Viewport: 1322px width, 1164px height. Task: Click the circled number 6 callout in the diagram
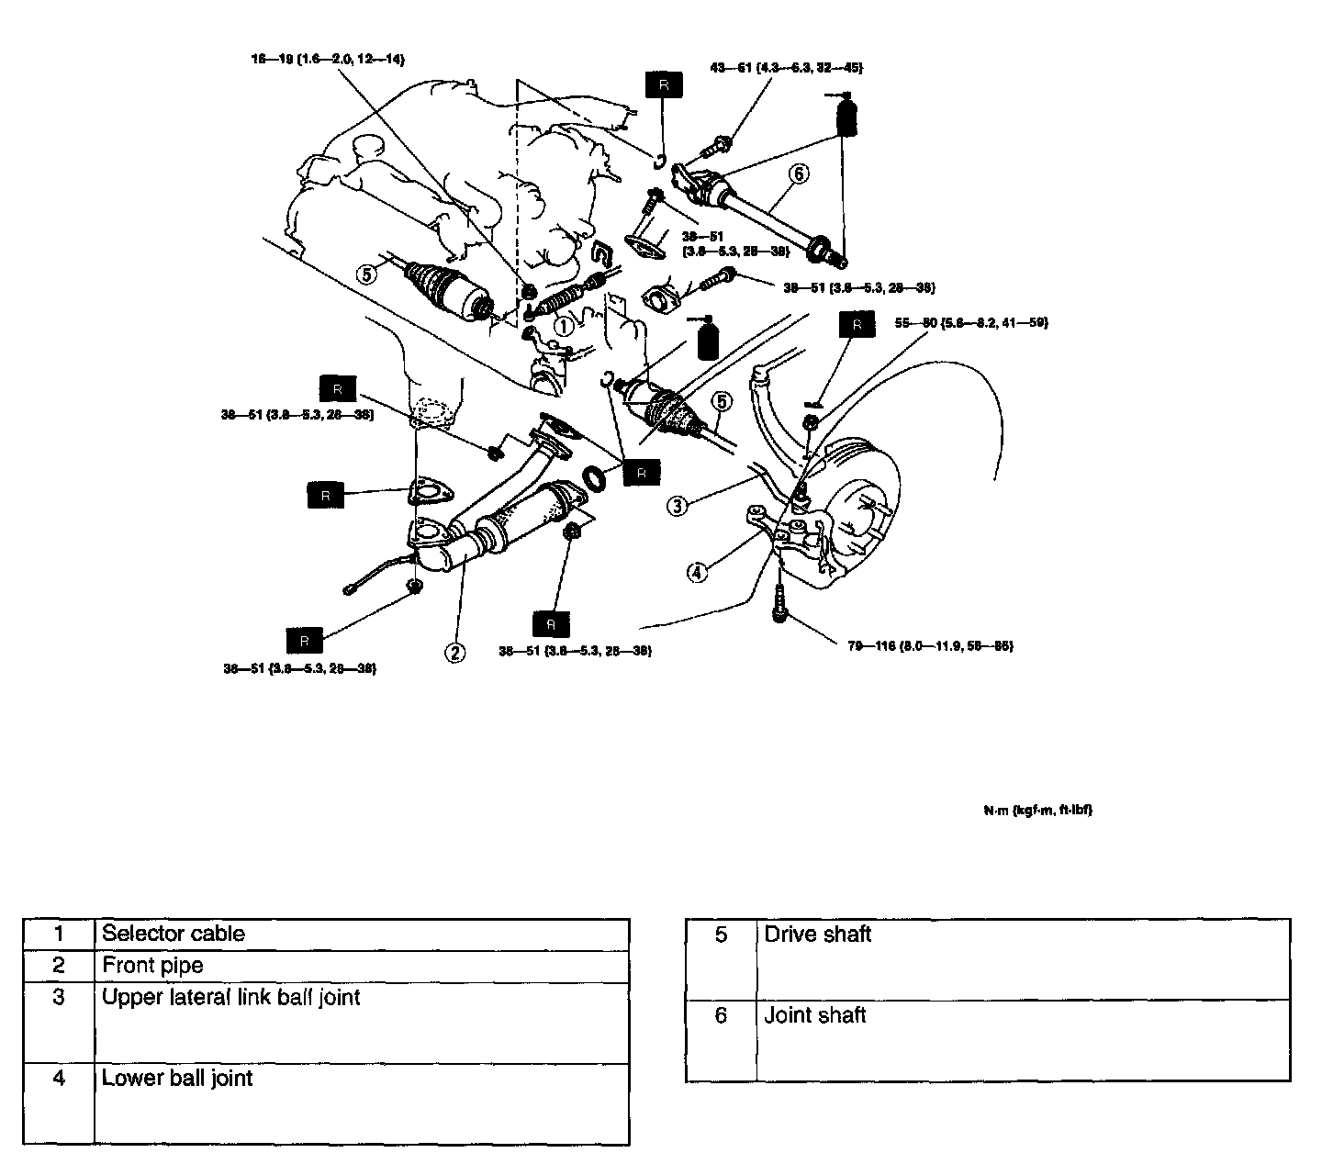[799, 173]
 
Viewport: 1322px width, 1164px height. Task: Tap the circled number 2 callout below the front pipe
[454, 653]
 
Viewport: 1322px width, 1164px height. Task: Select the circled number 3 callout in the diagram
[677, 505]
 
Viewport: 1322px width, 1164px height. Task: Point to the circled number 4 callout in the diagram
[698, 572]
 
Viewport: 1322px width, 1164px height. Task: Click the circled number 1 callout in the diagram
[564, 324]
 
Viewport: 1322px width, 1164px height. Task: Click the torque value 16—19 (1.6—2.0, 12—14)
[328, 59]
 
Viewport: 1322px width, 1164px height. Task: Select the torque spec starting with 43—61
[786, 67]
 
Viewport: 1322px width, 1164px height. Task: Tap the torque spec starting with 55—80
[971, 322]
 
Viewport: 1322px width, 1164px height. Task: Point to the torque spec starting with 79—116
[930, 645]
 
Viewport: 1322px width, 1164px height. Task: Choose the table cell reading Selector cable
[174, 934]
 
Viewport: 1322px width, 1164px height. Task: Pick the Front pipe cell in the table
[152, 965]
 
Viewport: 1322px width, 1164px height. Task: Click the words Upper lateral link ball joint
[230, 997]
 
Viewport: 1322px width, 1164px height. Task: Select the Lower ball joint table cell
[176, 1078]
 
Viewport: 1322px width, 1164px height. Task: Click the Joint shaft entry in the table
[815, 1015]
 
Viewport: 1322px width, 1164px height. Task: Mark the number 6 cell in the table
[721, 1015]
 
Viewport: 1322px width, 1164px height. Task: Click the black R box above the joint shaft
[665, 84]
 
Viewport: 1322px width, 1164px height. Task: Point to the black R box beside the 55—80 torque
[857, 324]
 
